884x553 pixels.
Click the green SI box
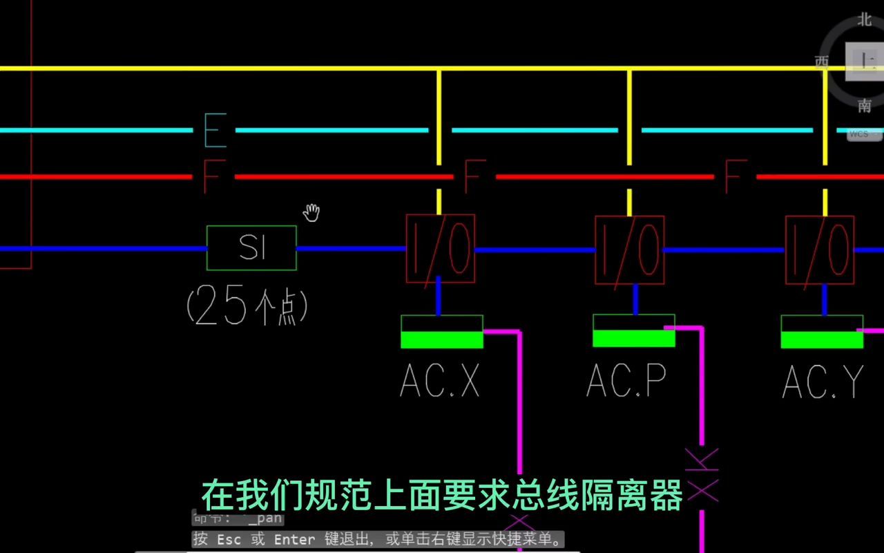(x=251, y=247)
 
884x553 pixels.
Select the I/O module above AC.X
(x=440, y=249)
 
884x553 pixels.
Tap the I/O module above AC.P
(x=629, y=250)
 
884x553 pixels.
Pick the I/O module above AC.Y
(x=819, y=250)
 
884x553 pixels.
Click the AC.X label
(x=440, y=379)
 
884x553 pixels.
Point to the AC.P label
(x=626, y=379)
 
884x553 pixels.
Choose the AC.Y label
(x=823, y=381)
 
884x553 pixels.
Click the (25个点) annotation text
(x=247, y=307)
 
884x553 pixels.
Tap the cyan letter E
(x=215, y=130)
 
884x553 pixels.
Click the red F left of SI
(x=211, y=177)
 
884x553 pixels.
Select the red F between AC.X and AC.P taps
(x=474, y=176)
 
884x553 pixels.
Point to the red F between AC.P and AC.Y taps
(x=735, y=176)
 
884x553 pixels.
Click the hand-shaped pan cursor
(x=312, y=213)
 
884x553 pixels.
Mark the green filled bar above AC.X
(x=442, y=339)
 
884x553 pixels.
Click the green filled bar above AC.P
(x=633, y=338)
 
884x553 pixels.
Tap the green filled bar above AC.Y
(x=822, y=339)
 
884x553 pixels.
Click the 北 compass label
(x=865, y=19)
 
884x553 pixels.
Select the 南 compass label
(x=865, y=106)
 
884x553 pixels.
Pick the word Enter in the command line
(x=294, y=539)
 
